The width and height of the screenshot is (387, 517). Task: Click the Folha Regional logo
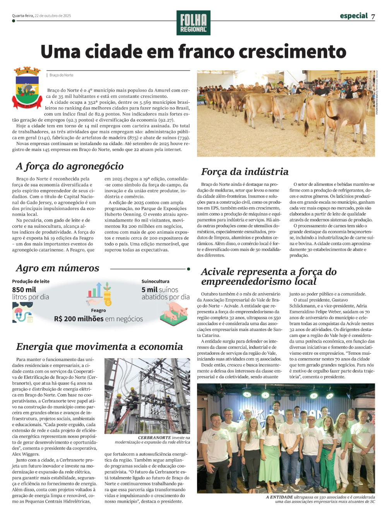pos(193,23)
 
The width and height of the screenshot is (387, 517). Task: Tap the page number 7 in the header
pos(373,16)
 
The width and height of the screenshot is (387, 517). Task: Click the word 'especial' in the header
pos(354,16)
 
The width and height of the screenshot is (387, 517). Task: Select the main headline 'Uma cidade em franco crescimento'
pos(193,52)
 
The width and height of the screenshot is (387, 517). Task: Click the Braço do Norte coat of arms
pos(27,88)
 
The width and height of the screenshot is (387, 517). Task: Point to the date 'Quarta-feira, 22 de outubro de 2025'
pos(41,16)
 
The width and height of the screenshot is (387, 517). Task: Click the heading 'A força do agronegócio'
pos(70,166)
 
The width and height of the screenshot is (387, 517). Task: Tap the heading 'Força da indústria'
pos(245,172)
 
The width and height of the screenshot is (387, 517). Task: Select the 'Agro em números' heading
pos(58,268)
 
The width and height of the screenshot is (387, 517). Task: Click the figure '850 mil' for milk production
pos(24,290)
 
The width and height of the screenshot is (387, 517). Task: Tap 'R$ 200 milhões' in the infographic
pos(79,319)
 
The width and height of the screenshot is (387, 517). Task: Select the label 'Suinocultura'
pos(155,282)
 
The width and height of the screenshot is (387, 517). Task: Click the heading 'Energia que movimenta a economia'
pos(99,347)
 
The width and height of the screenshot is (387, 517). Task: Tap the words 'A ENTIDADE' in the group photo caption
pos(279,497)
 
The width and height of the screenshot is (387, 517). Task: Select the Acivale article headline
pos(269,277)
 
